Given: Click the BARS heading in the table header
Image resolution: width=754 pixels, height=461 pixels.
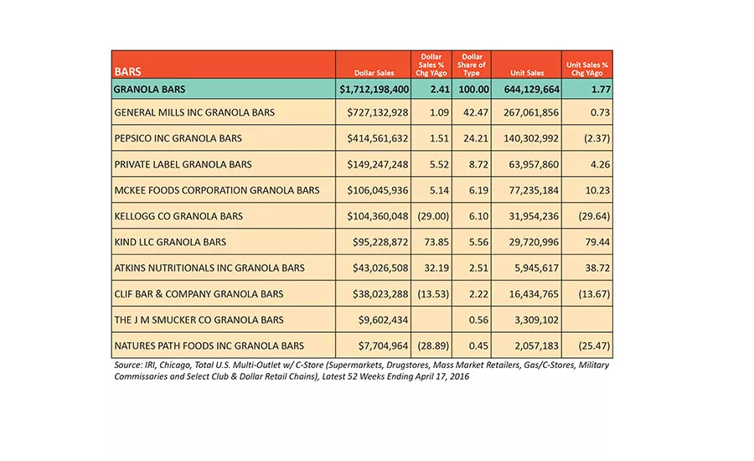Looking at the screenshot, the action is (127, 72).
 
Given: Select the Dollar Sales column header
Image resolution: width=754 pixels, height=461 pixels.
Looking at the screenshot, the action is (374, 73).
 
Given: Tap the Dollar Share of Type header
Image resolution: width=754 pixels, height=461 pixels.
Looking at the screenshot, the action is (471, 65).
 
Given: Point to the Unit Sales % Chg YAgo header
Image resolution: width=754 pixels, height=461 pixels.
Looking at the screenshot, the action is (587, 69).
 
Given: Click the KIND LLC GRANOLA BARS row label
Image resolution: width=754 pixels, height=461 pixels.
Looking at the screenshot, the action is (170, 242).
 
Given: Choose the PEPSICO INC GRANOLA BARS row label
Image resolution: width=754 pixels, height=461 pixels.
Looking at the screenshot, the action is (178, 138).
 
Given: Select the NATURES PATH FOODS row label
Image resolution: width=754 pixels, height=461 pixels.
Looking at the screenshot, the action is (209, 346).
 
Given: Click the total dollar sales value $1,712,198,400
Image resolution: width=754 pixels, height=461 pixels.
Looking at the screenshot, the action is (374, 90).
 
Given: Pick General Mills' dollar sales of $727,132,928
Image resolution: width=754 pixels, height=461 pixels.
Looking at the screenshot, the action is (378, 112).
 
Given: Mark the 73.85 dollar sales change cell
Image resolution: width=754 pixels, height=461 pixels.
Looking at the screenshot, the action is (436, 242).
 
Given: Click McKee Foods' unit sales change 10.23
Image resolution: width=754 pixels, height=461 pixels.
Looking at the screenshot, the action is (597, 190).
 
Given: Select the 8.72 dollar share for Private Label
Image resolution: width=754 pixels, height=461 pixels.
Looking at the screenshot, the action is (478, 164).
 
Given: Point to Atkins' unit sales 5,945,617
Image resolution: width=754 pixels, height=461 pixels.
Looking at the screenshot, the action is (537, 268).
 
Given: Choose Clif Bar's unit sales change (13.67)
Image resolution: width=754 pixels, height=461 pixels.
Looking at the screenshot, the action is (594, 294).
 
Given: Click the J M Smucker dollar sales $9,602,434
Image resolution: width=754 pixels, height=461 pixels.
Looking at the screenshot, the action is (383, 320).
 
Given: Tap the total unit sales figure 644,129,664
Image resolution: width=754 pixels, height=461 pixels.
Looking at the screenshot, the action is (532, 90).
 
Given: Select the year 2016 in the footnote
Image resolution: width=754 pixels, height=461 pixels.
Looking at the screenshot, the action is (459, 377).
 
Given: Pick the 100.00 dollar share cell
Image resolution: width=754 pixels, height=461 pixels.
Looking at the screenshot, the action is (473, 90).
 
